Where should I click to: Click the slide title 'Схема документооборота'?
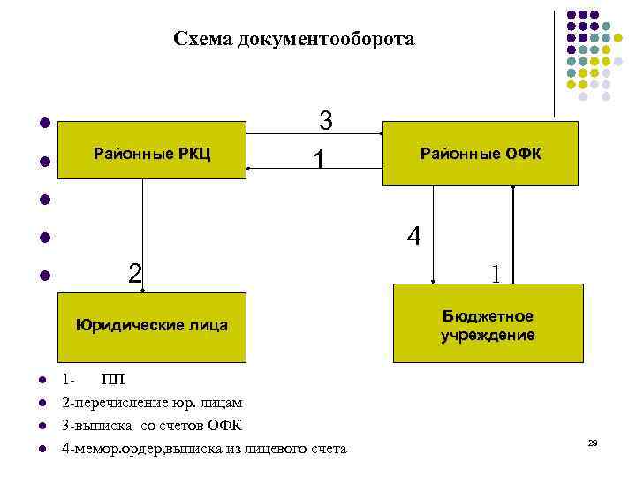click(x=293, y=39)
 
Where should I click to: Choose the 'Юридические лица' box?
click(x=151, y=325)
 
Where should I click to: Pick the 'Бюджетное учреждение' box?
click(x=488, y=324)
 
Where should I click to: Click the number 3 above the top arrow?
click(x=325, y=120)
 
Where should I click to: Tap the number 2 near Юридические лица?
click(x=134, y=273)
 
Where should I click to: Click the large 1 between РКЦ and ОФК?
click(x=319, y=159)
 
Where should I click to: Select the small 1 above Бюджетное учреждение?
click(x=496, y=275)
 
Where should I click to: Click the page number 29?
click(x=593, y=442)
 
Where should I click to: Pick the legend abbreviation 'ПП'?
click(x=112, y=381)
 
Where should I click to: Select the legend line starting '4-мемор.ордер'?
click(x=204, y=449)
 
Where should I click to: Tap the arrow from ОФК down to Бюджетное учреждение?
click(x=432, y=234)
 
